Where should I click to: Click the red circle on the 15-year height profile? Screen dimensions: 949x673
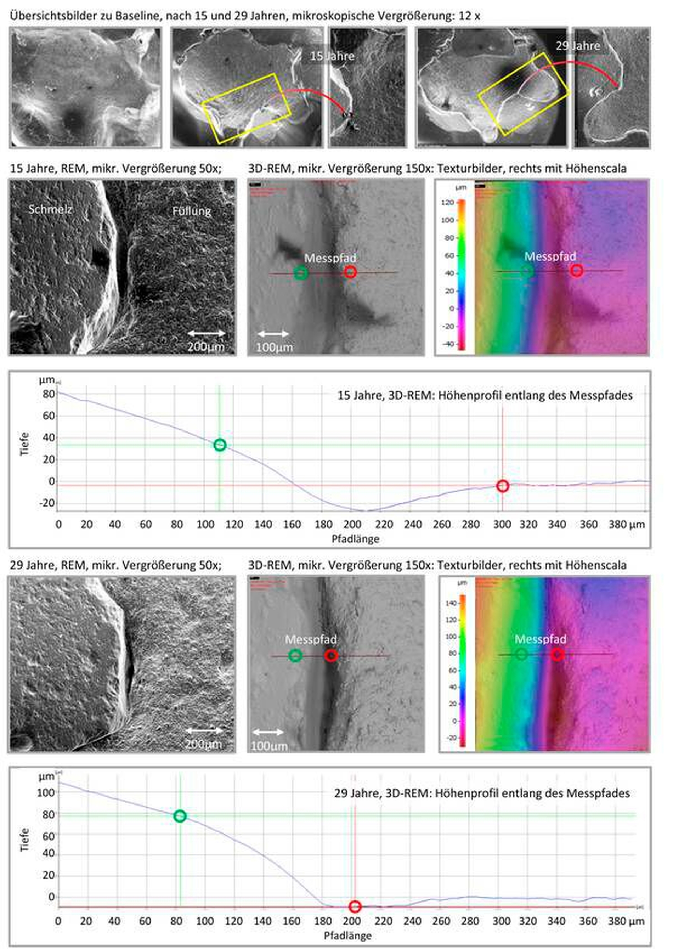[502, 486]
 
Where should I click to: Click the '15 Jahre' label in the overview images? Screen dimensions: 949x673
[332, 56]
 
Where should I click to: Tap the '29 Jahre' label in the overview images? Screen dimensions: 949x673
[578, 46]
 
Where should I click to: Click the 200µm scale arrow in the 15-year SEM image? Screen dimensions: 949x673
[207, 333]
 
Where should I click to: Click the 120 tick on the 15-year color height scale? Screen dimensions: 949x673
[448, 202]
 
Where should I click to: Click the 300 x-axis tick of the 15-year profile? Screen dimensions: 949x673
[502, 525]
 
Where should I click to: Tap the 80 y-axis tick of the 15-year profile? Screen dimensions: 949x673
[49, 394]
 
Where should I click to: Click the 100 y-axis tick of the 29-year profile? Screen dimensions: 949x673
[46, 793]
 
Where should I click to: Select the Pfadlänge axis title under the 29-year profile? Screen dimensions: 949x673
[348, 935]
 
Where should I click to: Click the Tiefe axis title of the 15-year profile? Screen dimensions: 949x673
[25, 444]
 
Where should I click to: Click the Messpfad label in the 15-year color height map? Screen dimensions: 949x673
[550, 256]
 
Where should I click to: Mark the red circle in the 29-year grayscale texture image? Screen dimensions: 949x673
[331, 655]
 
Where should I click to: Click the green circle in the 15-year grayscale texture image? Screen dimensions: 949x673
[301, 273]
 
